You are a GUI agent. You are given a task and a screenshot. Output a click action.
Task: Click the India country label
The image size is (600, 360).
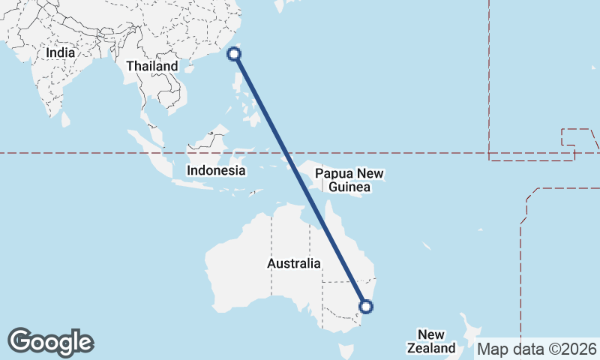pos(60,53)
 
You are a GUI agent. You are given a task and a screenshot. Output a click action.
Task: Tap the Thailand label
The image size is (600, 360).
pos(152,66)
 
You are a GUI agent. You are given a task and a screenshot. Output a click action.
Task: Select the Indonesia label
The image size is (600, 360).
pos(216,170)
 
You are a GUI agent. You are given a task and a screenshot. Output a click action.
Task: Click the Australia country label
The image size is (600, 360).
pos(294,264)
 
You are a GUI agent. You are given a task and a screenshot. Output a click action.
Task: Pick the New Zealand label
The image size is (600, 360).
pos(431,341)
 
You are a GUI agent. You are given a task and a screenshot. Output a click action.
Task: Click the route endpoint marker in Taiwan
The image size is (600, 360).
pos(234,53)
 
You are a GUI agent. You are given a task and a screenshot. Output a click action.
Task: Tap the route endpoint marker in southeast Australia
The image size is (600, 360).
pos(366,306)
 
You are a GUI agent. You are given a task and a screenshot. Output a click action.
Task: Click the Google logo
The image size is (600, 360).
pos(50,342)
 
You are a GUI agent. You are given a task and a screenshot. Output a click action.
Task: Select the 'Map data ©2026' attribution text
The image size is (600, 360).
pos(537,349)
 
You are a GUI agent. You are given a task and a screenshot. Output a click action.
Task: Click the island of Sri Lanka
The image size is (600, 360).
pos(65,118)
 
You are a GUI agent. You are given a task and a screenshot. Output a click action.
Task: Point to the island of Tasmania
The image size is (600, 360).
pos(346,351)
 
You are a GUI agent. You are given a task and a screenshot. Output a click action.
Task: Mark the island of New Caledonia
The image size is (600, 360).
pos(425,247)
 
